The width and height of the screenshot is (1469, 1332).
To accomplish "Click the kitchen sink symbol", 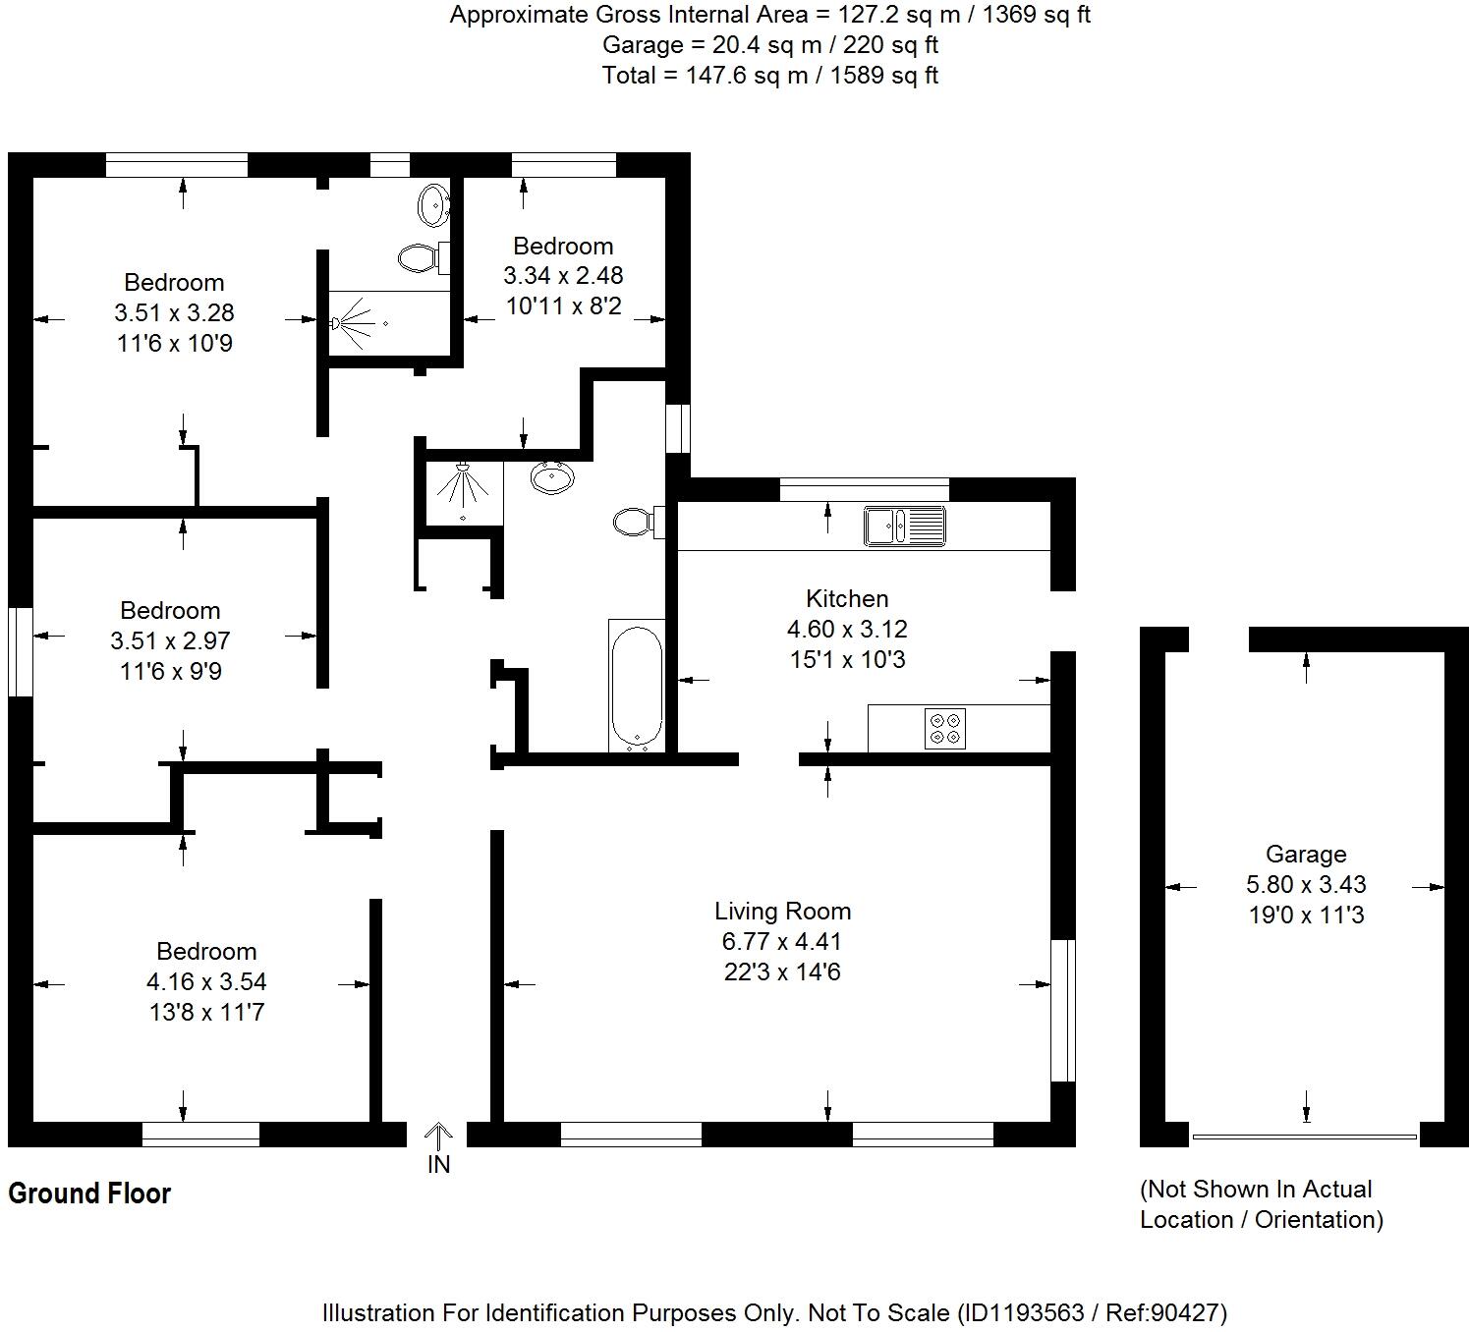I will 904,526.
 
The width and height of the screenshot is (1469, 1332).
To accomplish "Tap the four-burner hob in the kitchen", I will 945,728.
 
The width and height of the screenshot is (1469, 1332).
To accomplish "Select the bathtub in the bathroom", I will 637,686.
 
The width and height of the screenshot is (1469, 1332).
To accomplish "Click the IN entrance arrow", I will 438,1139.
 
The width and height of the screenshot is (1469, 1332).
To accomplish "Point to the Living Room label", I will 782,911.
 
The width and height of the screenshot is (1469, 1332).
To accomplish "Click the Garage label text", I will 1305,854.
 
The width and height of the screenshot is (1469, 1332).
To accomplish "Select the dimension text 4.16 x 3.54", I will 206,981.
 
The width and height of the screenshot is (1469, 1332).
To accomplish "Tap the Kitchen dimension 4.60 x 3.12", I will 847,629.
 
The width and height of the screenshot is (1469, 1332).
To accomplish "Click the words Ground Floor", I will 89,1193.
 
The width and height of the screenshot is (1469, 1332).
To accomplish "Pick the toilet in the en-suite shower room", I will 421,258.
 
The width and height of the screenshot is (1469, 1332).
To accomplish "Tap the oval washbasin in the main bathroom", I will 552,478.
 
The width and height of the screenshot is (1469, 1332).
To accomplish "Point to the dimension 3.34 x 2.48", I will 563,275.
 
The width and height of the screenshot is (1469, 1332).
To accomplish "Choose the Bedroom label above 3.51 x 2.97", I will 170,610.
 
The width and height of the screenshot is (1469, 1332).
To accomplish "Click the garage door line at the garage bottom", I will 1304,1137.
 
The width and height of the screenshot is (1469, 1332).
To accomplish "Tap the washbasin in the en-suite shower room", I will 433,205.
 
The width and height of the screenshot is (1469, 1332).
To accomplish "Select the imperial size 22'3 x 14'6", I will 782,971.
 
